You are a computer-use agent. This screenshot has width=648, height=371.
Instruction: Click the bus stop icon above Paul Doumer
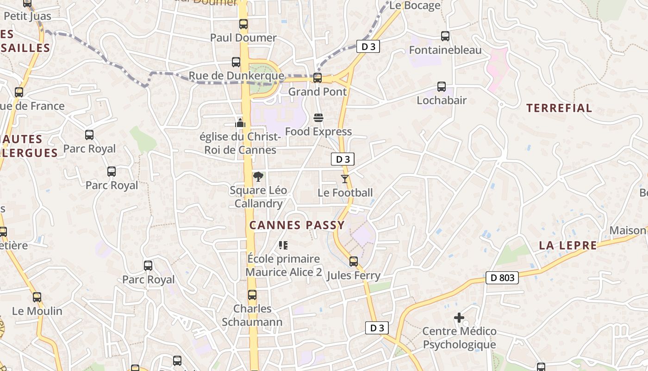(x=243, y=24)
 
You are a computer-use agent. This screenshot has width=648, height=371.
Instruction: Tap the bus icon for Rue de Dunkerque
(x=236, y=62)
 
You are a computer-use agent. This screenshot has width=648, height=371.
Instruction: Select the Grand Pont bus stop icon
(x=318, y=78)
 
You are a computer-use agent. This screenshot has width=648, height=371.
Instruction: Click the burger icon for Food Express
(x=318, y=118)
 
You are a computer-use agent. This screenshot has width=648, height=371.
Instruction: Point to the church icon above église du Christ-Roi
(x=240, y=123)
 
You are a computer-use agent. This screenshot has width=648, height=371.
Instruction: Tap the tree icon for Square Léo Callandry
(x=258, y=177)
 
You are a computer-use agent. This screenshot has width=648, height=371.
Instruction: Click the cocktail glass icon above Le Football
(x=345, y=179)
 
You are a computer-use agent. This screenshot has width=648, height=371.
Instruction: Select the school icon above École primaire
(x=283, y=245)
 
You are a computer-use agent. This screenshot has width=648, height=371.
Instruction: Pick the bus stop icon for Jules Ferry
(x=354, y=262)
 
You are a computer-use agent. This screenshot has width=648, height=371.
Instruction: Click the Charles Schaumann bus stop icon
(x=252, y=295)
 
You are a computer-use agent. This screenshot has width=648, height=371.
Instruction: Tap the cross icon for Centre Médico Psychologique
(x=459, y=318)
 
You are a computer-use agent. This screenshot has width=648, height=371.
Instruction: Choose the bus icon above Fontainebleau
(x=445, y=36)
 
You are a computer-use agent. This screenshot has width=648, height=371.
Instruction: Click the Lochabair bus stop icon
(x=442, y=87)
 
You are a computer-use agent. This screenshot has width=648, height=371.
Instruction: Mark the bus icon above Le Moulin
(x=37, y=297)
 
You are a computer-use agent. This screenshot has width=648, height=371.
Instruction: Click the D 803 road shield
(x=502, y=278)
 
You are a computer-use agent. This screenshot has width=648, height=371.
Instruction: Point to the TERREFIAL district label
(x=559, y=108)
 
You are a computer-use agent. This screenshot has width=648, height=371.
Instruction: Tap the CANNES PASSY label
(x=297, y=225)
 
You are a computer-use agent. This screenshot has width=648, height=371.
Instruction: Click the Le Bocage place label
(x=415, y=6)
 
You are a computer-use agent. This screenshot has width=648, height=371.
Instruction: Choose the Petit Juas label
(x=27, y=16)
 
